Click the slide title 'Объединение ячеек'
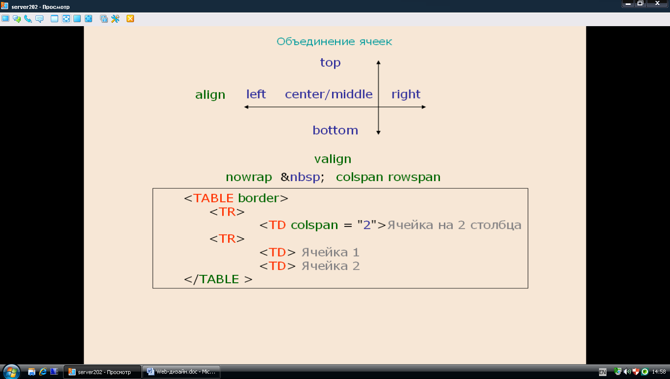tap(334, 41)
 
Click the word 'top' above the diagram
tap(330, 63)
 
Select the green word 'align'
tap(210, 95)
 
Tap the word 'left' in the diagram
tap(256, 94)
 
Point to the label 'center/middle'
tap(329, 94)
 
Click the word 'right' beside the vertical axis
tap(406, 95)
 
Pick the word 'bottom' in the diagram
tap(335, 130)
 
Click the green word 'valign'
tap(333, 159)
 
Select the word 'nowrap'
tap(249, 177)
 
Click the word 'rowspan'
tap(414, 177)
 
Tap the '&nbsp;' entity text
tap(302, 177)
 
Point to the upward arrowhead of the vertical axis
tap(378, 62)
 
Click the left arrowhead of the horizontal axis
tap(246, 107)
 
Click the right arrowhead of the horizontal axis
tap(424, 107)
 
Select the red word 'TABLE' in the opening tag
tap(213, 198)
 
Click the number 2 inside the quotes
tap(367, 225)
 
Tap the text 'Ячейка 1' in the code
tap(330, 253)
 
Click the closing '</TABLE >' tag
tap(218, 279)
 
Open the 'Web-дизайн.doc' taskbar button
tap(181, 372)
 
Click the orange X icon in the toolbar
tap(130, 19)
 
